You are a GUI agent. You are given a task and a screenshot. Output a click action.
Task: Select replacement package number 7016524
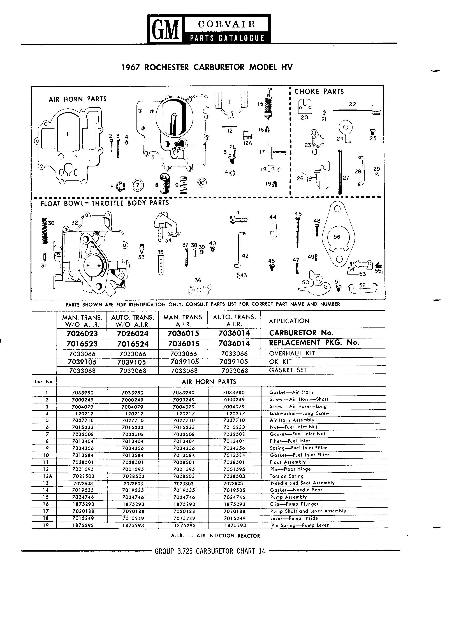tap(133, 344)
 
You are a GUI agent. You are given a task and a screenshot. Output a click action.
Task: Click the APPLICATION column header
tap(289, 321)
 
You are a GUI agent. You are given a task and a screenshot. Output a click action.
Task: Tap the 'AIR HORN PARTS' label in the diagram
tap(77, 99)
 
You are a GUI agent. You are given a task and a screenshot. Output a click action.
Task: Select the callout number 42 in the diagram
tap(245, 255)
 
